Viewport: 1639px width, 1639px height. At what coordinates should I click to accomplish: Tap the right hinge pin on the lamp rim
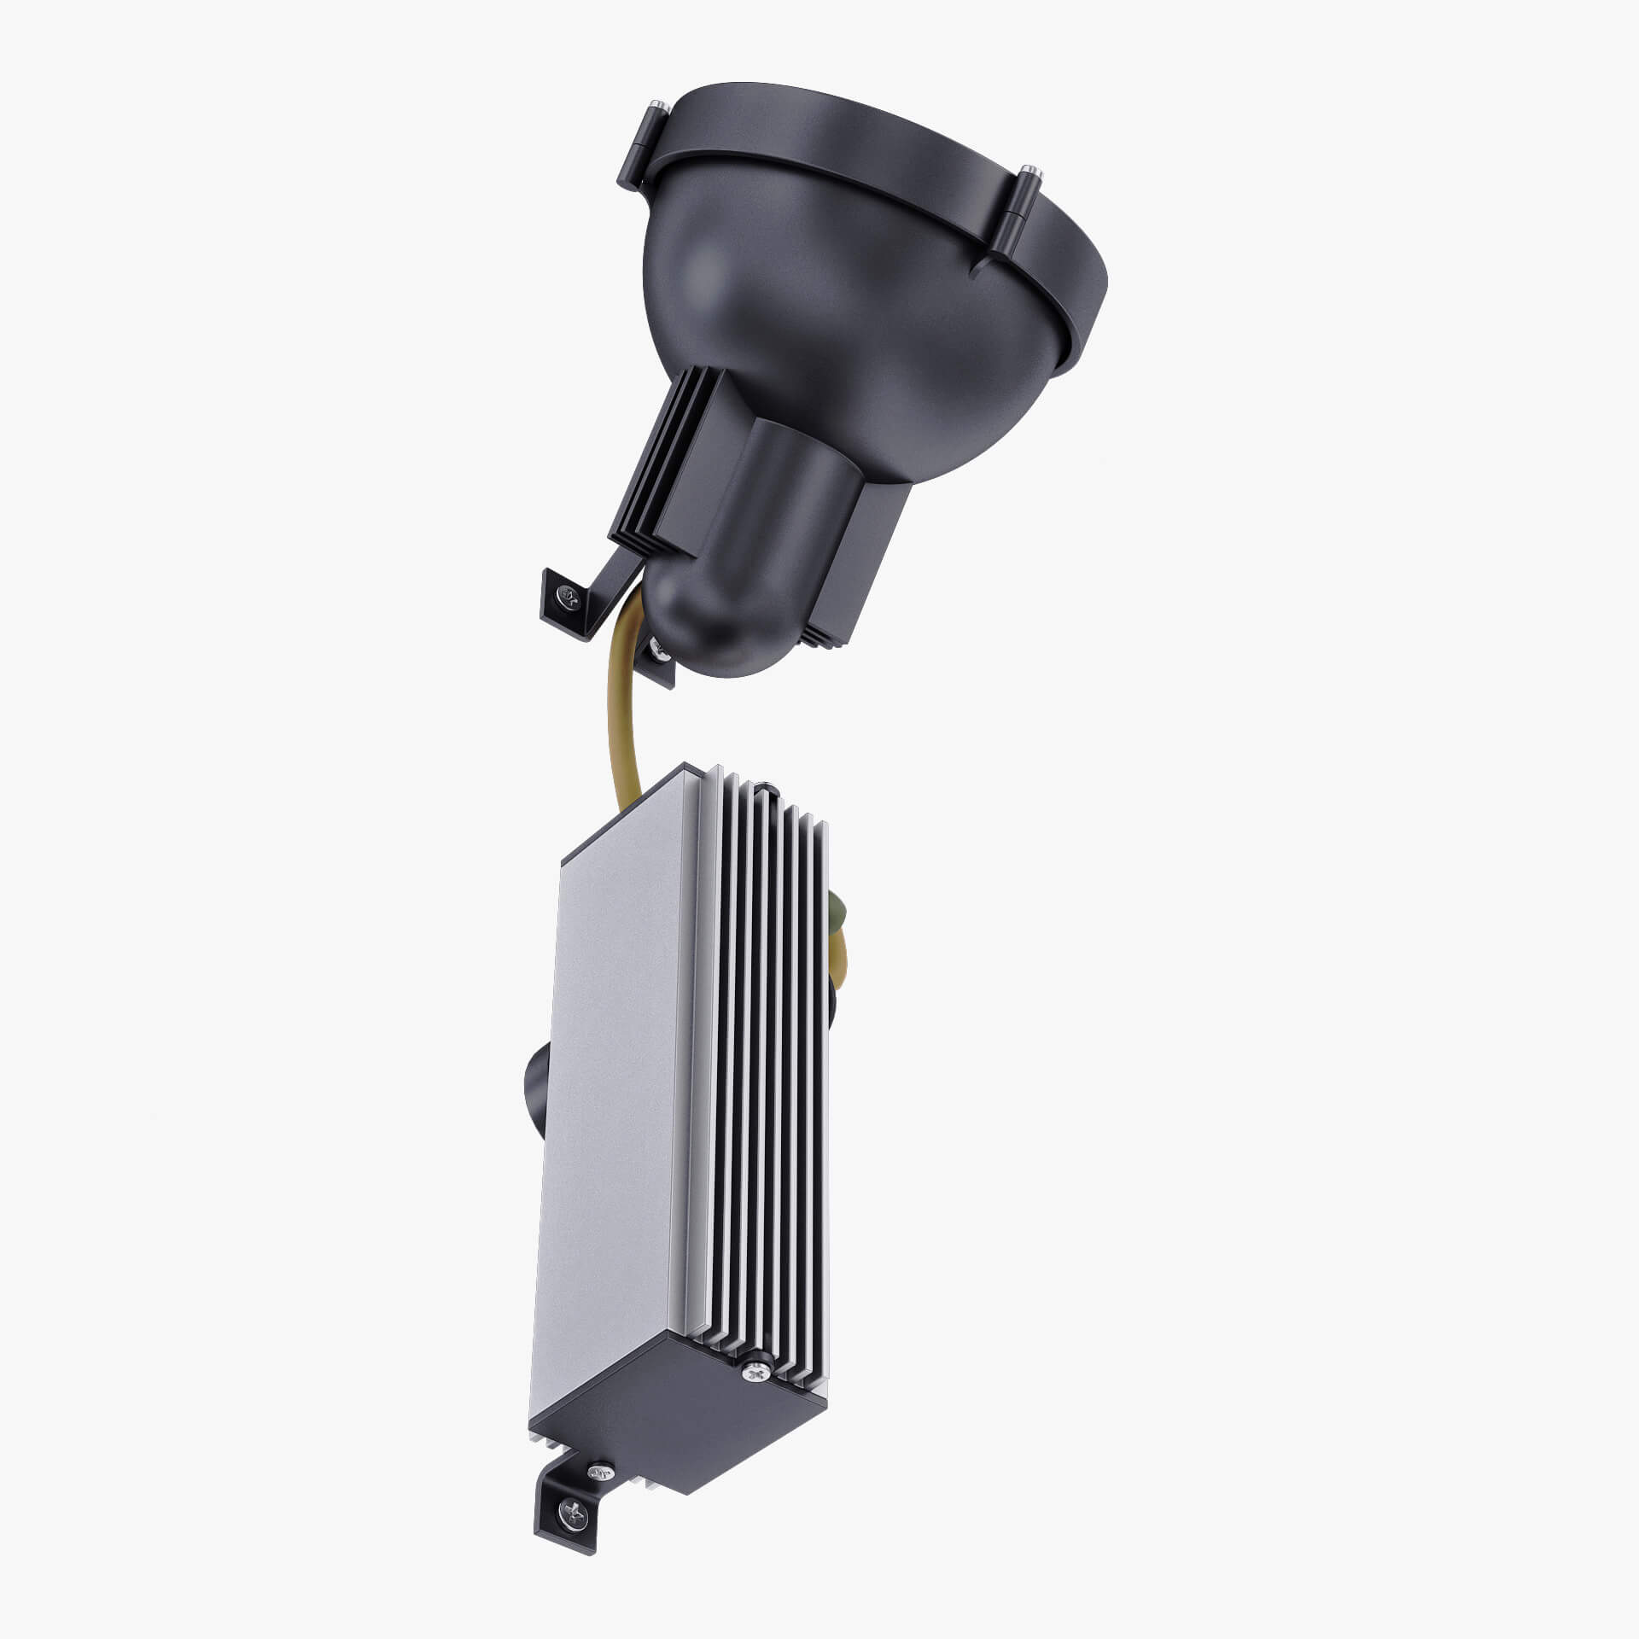[1032, 172]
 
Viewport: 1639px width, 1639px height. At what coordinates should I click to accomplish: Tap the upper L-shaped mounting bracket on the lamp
[589, 589]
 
